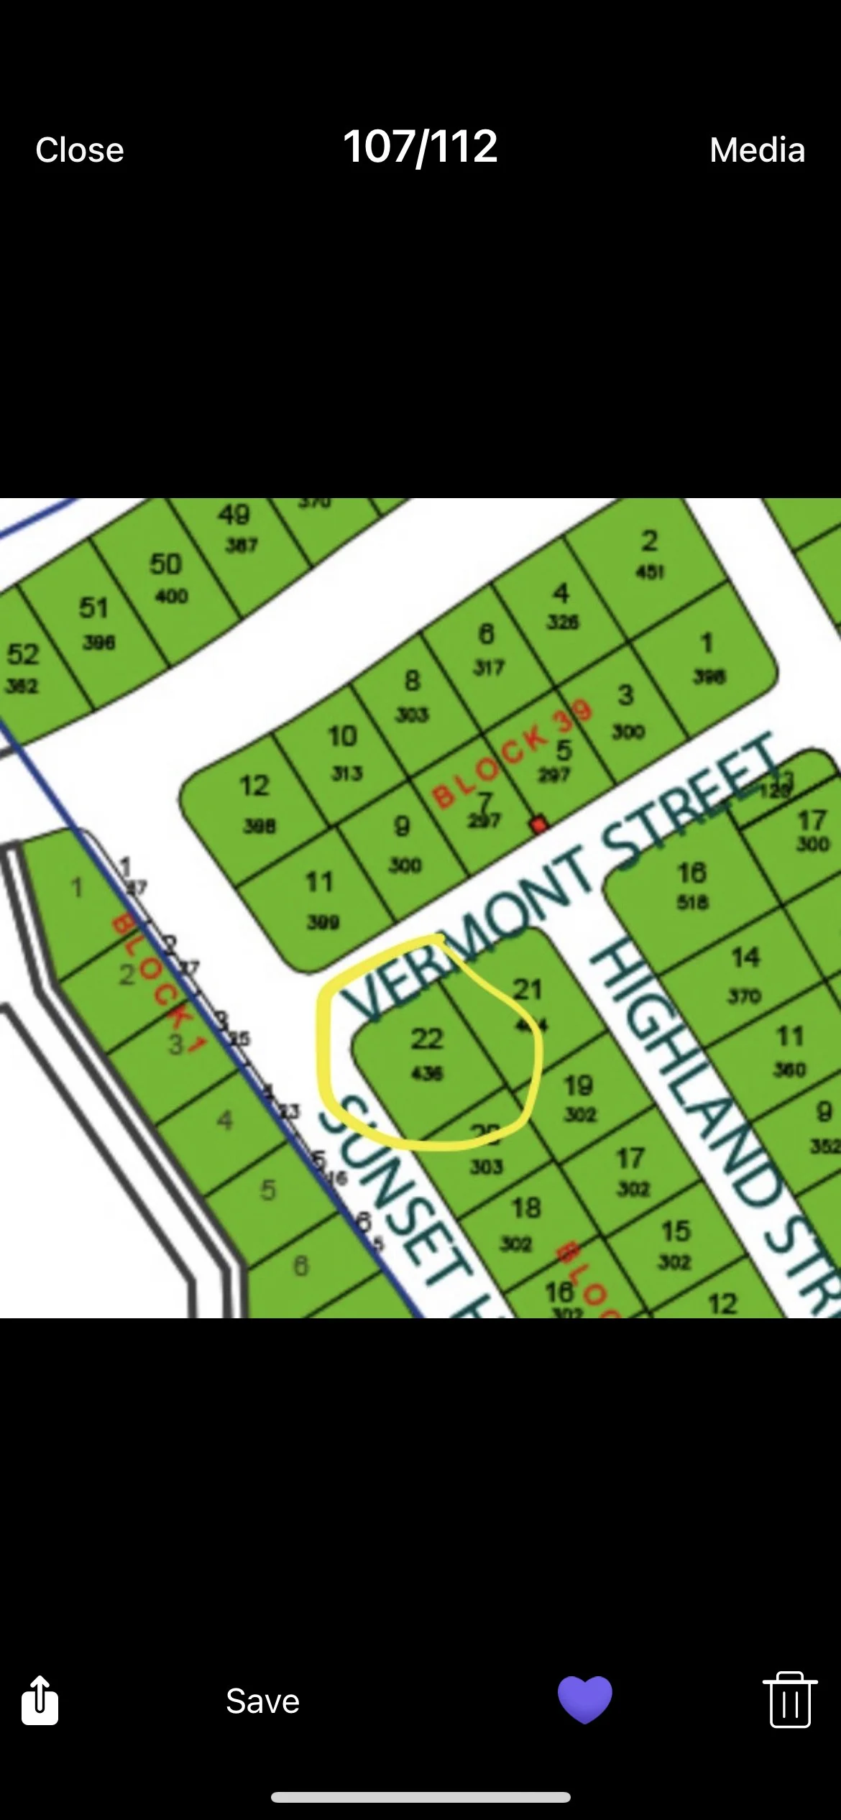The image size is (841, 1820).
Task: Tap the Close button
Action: click(80, 150)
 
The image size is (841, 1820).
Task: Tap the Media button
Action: click(757, 150)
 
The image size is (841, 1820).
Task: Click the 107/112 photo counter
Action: click(420, 147)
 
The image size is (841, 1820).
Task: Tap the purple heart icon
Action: click(584, 1699)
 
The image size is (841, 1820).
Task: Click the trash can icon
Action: click(789, 1699)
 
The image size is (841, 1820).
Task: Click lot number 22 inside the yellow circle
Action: click(426, 1039)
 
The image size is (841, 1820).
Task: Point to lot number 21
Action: click(527, 990)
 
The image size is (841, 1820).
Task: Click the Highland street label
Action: click(712, 1121)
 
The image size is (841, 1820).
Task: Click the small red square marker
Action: click(538, 824)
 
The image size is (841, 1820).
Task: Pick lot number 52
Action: click(22, 655)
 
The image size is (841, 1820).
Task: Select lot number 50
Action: click(165, 564)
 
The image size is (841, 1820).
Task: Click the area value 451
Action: click(650, 572)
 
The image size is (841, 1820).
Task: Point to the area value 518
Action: click(692, 902)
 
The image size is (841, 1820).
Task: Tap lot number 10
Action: click(342, 736)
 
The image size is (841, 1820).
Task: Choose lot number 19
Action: click(579, 1085)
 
